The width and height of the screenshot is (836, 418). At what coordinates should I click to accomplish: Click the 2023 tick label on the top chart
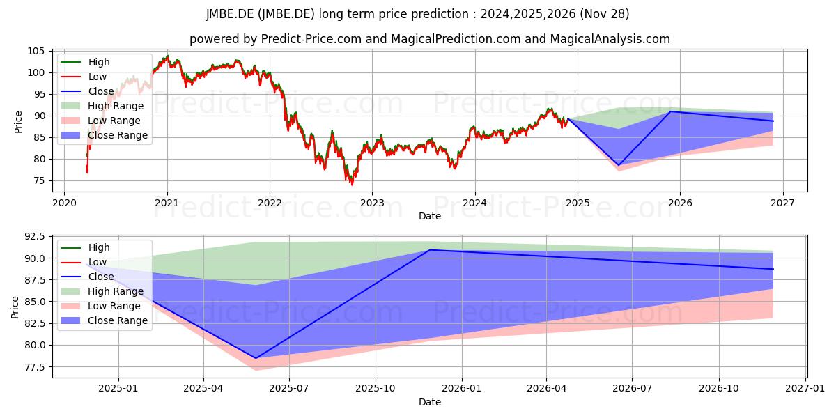point(372,203)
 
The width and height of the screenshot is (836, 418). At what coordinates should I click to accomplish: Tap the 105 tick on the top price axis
point(36,51)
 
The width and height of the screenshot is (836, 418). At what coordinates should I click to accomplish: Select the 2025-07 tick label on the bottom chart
point(289,389)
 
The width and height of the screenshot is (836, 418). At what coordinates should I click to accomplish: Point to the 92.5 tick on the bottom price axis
point(34,237)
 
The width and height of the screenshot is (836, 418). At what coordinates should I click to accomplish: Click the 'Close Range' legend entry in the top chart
point(104,135)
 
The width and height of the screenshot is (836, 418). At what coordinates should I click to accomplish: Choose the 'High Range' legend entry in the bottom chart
point(102,291)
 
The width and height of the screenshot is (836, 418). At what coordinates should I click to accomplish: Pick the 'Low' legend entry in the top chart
point(84,77)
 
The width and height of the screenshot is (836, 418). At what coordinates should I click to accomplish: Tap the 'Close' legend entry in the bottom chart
point(87,277)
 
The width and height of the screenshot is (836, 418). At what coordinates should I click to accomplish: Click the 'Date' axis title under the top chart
point(430,216)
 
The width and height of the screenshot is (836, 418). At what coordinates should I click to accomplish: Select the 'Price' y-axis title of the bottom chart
point(15,307)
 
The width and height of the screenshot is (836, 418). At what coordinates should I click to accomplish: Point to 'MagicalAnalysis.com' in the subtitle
point(610,39)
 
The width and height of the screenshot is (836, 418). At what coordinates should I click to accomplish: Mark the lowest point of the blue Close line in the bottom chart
point(256,358)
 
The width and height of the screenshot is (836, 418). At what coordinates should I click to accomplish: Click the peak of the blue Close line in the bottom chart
point(430,249)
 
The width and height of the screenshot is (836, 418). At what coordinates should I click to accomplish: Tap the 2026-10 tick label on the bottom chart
point(719,389)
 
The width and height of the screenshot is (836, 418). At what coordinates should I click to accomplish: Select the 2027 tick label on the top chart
point(782,203)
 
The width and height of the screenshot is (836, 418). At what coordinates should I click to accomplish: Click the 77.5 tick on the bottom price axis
point(34,367)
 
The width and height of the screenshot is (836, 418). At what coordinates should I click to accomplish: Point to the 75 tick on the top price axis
point(38,181)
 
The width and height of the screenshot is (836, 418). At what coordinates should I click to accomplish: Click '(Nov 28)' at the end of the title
point(605,14)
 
